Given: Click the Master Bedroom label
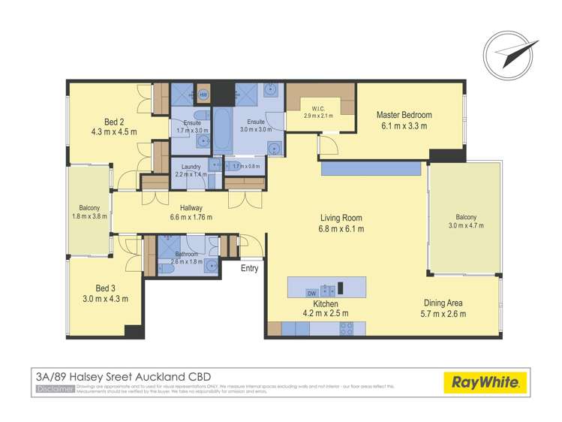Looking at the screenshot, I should tap(404, 115).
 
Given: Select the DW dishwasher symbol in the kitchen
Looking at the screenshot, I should tap(312, 293).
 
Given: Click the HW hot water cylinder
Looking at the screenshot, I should tap(203, 95).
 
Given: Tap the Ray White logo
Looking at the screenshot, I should tap(485, 382).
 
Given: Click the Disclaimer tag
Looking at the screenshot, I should tap(55, 388).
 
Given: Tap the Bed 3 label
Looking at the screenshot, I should tap(105, 288).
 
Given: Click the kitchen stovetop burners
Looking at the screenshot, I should tap(347, 327).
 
